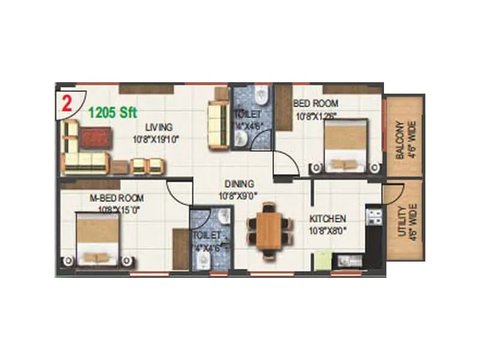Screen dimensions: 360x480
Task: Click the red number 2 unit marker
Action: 66,100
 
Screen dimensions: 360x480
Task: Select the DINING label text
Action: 239,184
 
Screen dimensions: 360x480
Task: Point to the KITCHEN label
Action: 327,218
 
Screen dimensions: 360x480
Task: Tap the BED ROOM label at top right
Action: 316,103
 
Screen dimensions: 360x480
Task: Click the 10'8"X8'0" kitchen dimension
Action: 327,230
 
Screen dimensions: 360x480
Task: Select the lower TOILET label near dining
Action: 206,236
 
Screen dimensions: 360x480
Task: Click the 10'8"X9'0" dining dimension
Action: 240,195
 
